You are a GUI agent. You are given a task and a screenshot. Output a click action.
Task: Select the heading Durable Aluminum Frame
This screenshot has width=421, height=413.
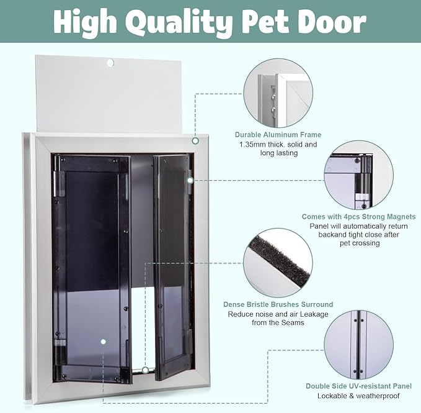pos(277,135)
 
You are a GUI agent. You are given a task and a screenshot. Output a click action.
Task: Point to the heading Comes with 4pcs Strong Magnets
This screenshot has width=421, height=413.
pos(358,217)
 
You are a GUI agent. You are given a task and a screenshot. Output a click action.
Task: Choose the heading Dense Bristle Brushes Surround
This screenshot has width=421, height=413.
pos(278,305)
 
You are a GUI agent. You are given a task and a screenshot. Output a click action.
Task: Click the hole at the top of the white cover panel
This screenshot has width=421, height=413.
pos(110,63)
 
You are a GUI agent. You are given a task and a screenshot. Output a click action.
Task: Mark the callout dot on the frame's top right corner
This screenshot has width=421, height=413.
pos(195,141)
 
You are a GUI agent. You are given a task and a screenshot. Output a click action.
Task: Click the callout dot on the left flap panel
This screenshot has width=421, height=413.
pos(104,341)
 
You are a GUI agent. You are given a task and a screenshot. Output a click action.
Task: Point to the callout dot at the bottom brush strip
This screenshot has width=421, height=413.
pos(144,370)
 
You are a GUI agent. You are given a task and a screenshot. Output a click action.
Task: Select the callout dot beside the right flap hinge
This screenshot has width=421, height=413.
pos(190,180)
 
